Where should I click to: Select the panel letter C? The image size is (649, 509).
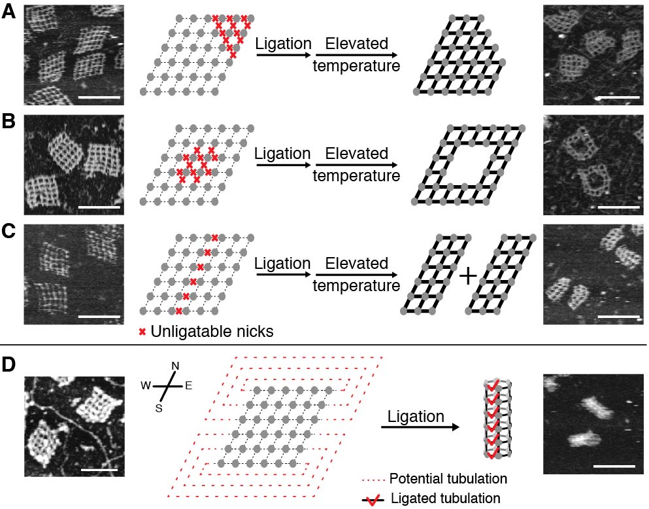point(8,232)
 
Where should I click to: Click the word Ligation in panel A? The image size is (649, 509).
point(283,44)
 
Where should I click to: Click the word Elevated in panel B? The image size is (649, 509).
point(352,154)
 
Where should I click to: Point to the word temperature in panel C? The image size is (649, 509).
point(356,285)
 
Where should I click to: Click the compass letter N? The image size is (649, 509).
point(174,367)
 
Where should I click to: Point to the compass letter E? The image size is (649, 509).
point(188,385)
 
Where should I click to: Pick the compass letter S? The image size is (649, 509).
point(158,408)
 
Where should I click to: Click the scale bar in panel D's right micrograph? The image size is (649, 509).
point(614,466)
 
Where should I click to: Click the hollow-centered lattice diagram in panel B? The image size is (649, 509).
point(469,165)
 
